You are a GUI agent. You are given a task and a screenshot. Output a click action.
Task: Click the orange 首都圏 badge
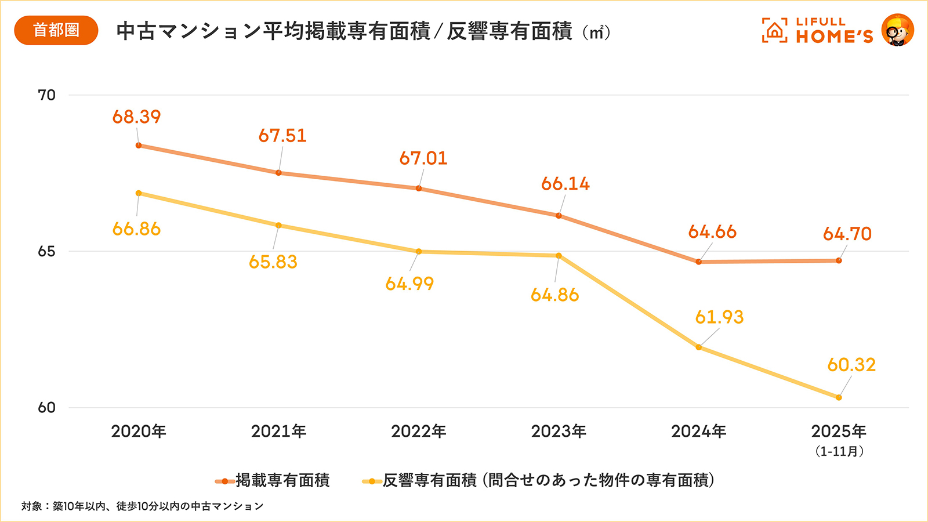coord(56,30)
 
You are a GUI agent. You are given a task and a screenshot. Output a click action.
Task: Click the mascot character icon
coord(897,30)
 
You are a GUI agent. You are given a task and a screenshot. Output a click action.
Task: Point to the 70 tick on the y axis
coord(46,95)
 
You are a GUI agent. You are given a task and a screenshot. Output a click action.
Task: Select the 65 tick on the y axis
coord(46,251)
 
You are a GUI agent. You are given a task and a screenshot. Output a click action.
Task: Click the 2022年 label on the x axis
coord(418,432)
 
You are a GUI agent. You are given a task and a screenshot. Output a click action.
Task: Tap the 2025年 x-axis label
coord(839,432)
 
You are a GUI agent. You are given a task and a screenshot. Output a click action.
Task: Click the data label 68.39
coord(136,117)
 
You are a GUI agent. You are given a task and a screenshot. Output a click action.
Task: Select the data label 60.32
coord(851,365)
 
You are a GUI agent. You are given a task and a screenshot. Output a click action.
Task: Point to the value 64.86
coord(554,295)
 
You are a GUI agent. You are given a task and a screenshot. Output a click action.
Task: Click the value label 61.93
coord(719,317)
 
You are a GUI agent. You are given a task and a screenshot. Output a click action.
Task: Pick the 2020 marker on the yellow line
coord(139,193)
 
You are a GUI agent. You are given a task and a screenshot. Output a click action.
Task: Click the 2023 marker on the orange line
coord(559,216)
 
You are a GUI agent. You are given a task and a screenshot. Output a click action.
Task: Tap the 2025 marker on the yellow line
coord(839,398)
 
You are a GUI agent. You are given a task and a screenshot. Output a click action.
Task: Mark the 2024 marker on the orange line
coord(699,262)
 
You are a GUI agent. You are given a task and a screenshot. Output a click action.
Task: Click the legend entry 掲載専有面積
coord(282,480)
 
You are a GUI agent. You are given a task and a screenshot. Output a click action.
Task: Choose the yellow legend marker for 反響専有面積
coord(372,481)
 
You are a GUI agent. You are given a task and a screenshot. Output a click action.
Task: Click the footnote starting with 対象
coord(142,506)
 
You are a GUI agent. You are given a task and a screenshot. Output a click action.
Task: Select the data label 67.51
coord(282,136)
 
